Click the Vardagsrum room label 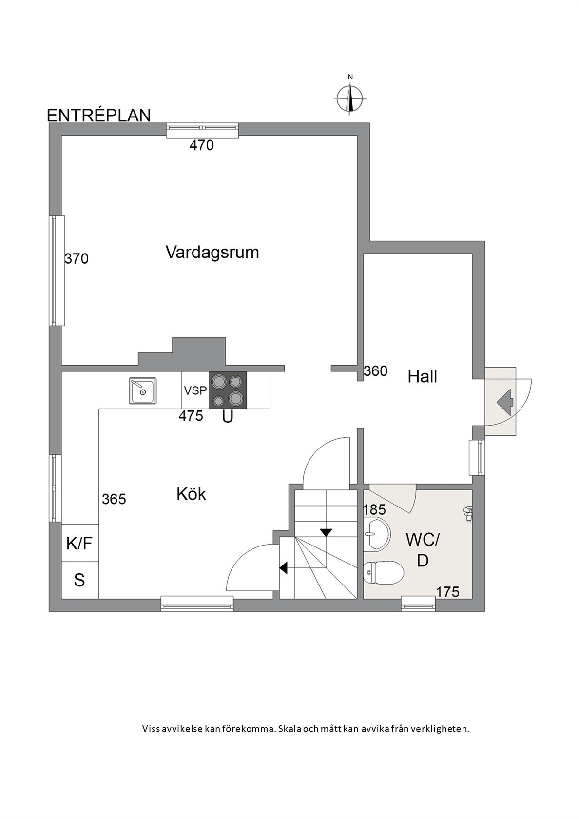(x=212, y=253)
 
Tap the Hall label (x=422, y=376)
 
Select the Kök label (x=191, y=494)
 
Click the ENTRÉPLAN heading (x=98, y=116)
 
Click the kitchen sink (x=142, y=391)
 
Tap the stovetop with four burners (x=228, y=390)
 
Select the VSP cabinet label (x=195, y=390)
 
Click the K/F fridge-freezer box (x=80, y=543)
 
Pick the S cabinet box (x=80, y=580)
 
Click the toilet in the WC (x=384, y=573)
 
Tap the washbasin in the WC (x=376, y=534)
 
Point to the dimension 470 (x=201, y=145)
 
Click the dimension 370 (x=77, y=259)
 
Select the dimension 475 (x=191, y=416)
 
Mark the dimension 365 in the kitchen (x=114, y=499)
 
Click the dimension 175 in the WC (x=448, y=592)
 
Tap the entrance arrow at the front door (x=505, y=402)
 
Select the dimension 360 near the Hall (x=375, y=371)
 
